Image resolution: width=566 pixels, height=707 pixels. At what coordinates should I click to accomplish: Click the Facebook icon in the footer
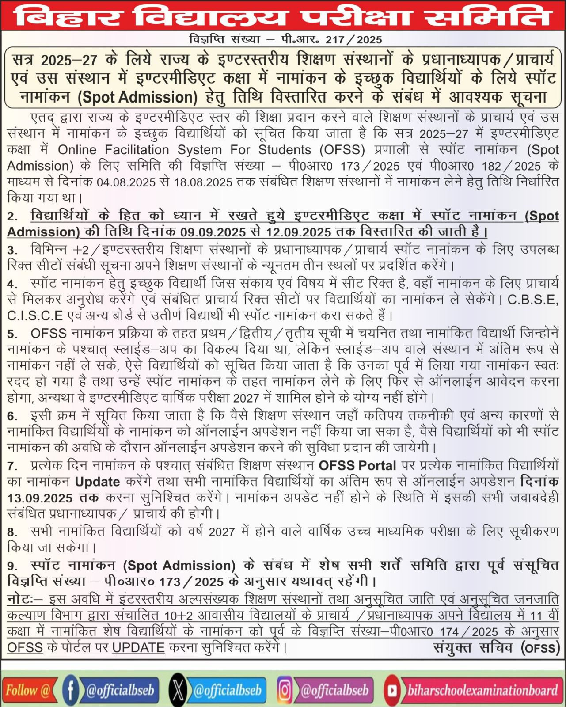[x=70, y=690]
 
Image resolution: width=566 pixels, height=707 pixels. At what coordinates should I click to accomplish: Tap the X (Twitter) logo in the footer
[x=178, y=690]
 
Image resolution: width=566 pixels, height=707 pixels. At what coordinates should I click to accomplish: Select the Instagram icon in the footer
[x=285, y=690]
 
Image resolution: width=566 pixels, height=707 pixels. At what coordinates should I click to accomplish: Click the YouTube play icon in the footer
[x=392, y=690]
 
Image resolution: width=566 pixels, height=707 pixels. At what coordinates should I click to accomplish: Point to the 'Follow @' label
[x=27, y=690]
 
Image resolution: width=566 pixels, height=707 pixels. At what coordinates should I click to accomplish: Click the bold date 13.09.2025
[x=40, y=498]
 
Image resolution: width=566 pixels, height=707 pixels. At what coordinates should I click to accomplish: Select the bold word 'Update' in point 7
[x=97, y=482]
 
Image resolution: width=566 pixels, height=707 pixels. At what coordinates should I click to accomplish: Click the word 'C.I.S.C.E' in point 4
[x=35, y=316]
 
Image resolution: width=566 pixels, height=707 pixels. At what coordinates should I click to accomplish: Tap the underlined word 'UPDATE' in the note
[x=139, y=648]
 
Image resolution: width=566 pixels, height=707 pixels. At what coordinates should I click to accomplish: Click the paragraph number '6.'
[x=12, y=417]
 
